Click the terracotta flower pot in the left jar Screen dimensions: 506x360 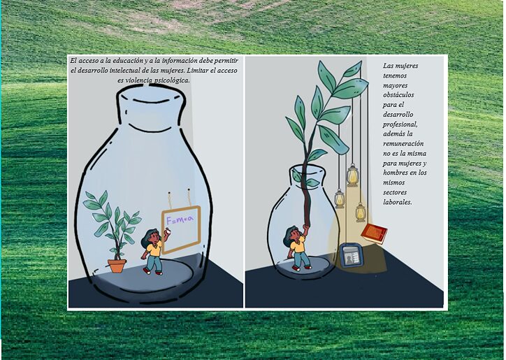[x=117, y=266]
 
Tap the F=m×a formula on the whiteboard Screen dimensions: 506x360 [x=180, y=220]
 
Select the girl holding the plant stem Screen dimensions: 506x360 [x=297, y=247]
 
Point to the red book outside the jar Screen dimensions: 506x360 [x=374, y=233]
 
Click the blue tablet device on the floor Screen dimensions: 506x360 [x=352, y=256]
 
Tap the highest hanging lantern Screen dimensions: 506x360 [x=353, y=175]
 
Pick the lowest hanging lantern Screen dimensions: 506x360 [x=361, y=213]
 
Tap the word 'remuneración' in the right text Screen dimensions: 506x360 [x=403, y=143]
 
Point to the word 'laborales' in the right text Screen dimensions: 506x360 [x=398, y=202]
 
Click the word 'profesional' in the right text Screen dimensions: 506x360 [x=400, y=124]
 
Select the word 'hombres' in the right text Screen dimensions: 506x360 [x=395, y=173]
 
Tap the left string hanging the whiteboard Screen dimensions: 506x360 [x=169, y=201]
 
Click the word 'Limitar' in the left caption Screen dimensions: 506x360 [x=198, y=71]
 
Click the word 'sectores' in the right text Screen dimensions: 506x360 [x=395, y=192]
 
